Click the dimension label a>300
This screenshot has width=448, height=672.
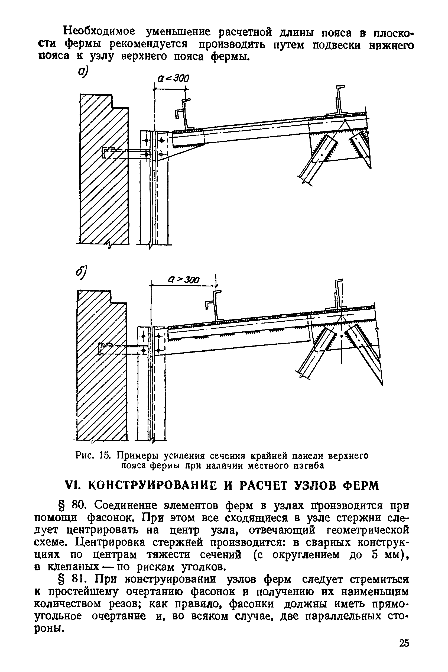(x=184, y=280)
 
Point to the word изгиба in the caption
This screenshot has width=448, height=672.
(x=310, y=466)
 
